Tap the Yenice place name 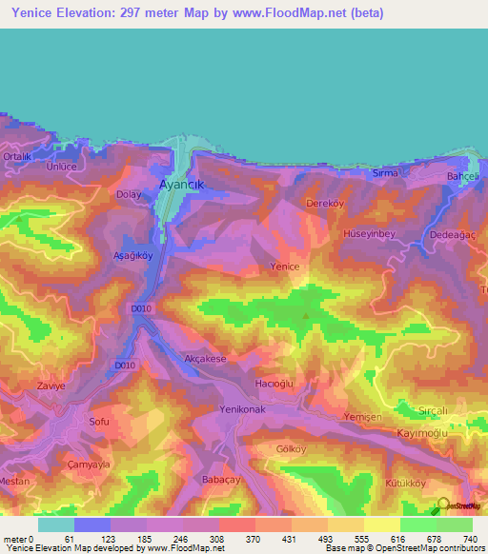tap(285, 267)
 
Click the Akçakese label tap(204, 359)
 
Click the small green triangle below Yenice tap(305, 316)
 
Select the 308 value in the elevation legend tap(218, 540)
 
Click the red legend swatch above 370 tap(236, 524)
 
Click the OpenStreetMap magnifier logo tap(443, 505)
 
